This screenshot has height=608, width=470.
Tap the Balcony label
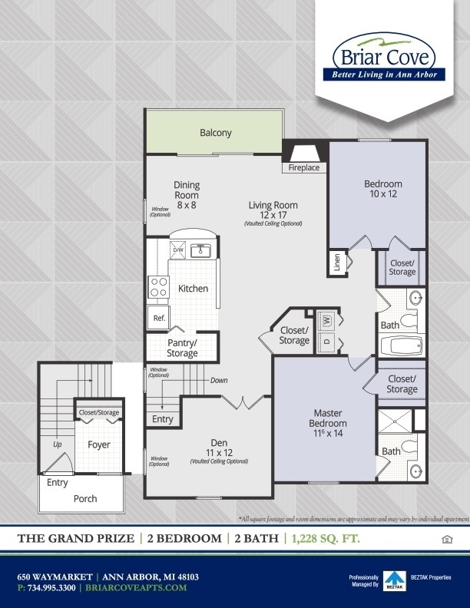pyautogui.click(x=215, y=133)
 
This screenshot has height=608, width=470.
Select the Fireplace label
pyautogui.click(x=304, y=167)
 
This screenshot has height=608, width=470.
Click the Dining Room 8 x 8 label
pyautogui.click(x=187, y=195)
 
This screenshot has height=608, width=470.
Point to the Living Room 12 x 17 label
pyautogui.click(x=273, y=210)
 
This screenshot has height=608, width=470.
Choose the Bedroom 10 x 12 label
pyautogui.click(x=382, y=189)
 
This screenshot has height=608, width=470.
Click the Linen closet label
pyautogui.click(x=336, y=263)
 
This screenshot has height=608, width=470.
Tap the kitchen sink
pyautogui.click(x=202, y=250)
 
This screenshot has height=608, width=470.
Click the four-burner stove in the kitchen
pyautogui.click(x=159, y=287)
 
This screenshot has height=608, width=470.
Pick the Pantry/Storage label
pyautogui.click(x=182, y=348)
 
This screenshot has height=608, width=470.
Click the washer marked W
pyautogui.click(x=326, y=319)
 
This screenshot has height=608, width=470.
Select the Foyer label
pyautogui.click(x=99, y=444)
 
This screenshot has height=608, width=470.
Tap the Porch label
pyautogui.click(x=85, y=498)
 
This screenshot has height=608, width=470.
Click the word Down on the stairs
pyautogui.click(x=219, y=380)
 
